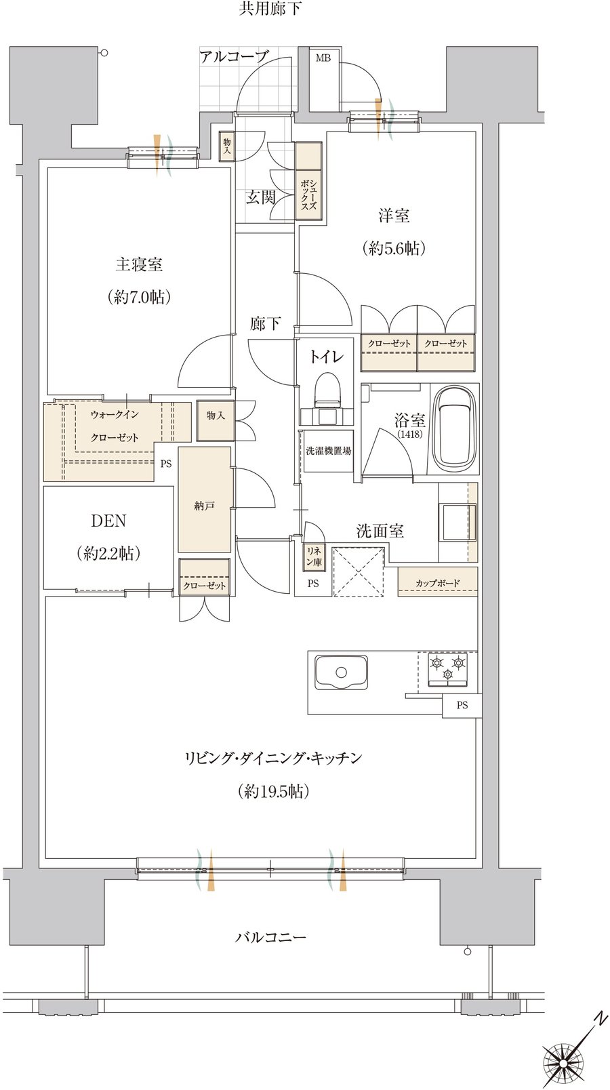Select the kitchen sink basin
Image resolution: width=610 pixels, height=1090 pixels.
[341, 672]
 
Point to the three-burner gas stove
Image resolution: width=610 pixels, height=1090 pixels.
[447, 669]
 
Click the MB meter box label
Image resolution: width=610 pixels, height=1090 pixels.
[323, 58]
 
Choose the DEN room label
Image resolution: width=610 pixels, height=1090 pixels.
[109, 521]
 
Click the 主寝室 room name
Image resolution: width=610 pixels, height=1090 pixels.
[139, 264]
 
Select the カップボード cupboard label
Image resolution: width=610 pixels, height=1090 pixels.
[438, 582]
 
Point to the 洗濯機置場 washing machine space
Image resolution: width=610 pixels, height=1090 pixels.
[328, 451]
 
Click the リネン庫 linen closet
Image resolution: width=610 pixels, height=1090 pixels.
[314, 557]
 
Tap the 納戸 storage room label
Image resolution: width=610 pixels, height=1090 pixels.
[204, 506]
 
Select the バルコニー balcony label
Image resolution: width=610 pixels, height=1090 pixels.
[271, 937]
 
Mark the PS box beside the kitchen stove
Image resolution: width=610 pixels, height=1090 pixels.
[462, 704]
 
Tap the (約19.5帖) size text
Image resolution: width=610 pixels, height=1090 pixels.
[274, 792]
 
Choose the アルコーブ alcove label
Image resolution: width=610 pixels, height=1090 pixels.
[234, 57]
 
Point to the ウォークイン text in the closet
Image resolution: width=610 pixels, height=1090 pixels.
[115, 415]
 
